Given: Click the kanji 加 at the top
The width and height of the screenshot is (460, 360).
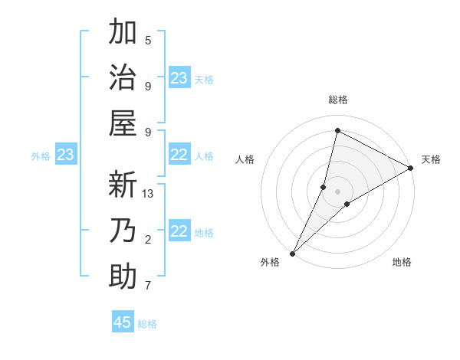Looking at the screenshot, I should [123, 34].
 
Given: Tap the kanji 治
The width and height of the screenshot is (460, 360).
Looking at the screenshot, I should [123, 78].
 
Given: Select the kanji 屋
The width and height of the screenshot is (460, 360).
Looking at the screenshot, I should [123, 123].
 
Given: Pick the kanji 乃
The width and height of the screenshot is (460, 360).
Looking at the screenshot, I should [123, 230].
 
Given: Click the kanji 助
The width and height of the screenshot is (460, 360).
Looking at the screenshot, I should [123, 275].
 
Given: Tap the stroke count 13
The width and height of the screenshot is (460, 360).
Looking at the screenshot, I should [148, 194].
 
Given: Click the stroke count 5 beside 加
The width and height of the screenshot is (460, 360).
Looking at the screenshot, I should [148, 41].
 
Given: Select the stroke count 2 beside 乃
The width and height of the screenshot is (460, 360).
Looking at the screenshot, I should [148, 241].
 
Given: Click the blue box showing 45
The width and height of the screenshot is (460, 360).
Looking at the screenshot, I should [123, 322].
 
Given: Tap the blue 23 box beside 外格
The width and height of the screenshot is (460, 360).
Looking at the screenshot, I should [65, 155].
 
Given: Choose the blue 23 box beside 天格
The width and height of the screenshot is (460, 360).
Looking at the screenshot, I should [179, 78].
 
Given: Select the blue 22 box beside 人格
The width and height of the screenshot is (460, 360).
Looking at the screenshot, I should [179, 155].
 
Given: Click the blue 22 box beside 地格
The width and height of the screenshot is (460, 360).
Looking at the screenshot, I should [179, 232].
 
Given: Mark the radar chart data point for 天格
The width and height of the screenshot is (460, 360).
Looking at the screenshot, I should [411, 169].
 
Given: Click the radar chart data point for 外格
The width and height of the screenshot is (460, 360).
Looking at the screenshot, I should [292, 253].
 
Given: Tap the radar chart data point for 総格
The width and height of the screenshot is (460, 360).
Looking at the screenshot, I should [337, 131].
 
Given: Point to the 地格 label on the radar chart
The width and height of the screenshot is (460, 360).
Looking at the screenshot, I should [402, 262].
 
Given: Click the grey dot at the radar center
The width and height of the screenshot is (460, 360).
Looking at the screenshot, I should [337, 191].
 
